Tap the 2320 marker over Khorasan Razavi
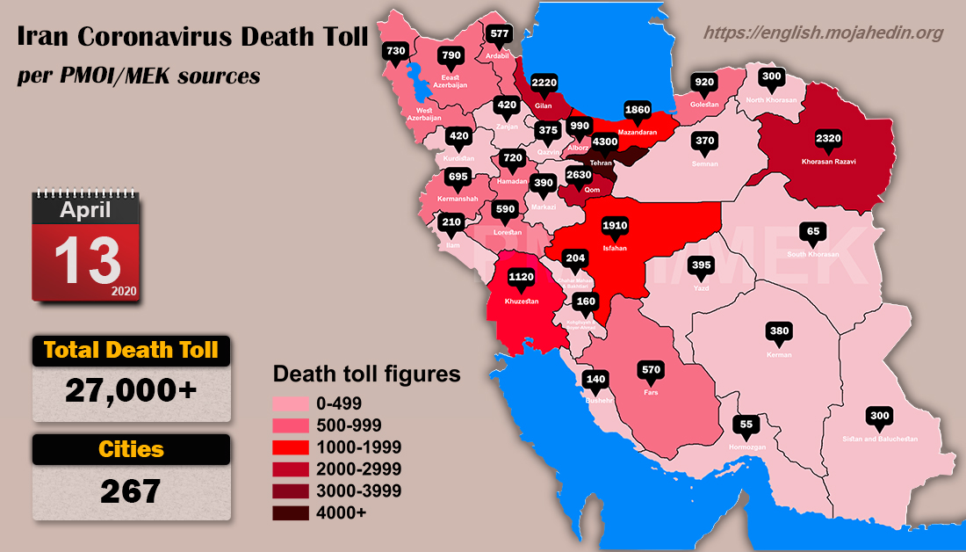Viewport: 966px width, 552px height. [828, 138]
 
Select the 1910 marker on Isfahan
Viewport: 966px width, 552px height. [615, 226]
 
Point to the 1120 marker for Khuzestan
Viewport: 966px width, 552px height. [522, 277]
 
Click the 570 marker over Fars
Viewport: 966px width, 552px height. [651, 369]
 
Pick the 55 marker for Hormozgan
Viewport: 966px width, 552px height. [746, 425]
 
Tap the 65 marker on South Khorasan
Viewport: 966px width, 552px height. [813, 232]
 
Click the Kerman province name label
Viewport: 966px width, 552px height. [779, 355]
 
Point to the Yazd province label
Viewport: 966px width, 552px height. [700, 287]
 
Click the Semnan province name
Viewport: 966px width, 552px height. [705, 163]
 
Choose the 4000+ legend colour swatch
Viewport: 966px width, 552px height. [290, 513]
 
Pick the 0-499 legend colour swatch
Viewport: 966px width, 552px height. [290, 403]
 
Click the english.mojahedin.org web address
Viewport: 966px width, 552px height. [824, 33]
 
